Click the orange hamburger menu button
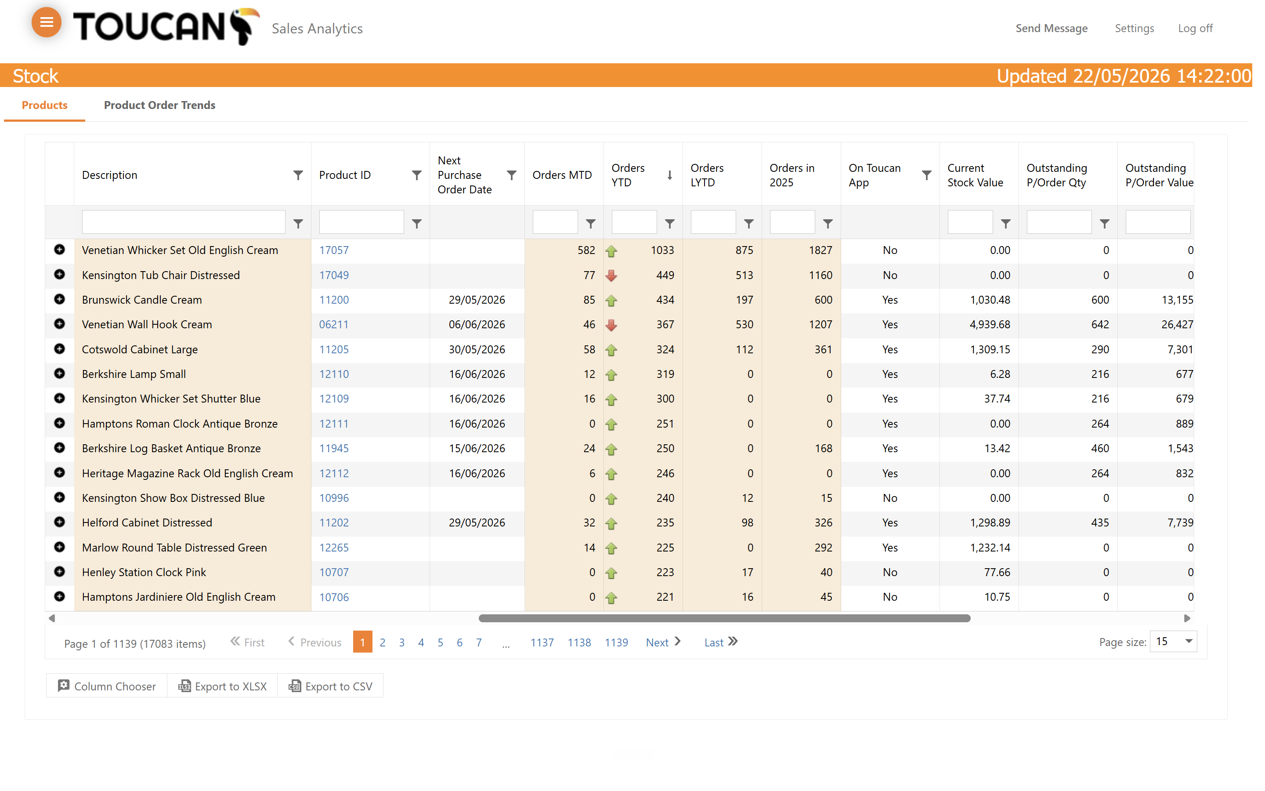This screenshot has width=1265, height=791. pos(47,22)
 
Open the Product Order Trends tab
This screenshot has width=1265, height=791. pos(159,105)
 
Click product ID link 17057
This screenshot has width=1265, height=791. pos(333,250)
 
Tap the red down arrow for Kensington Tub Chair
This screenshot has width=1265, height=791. pos(611,275)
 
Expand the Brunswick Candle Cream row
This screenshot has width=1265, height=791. pos(60,299)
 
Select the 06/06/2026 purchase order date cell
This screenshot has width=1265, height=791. pos(477,324)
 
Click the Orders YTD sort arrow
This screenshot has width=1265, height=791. pos(669,175)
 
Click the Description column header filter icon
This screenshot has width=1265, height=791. pos(298,175)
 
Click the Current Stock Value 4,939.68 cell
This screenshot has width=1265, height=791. pos(990,324)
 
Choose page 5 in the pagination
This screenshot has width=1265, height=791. pos(440,642)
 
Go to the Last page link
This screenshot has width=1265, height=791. pos(720,642)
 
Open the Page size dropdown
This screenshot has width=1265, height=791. pos(1174,642)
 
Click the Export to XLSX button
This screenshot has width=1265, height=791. pos(223,686)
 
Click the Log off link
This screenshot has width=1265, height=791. pos(1195,28)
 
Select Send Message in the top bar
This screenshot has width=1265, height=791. pos(1051,28)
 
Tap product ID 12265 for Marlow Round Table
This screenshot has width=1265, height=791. pos(333,548)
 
